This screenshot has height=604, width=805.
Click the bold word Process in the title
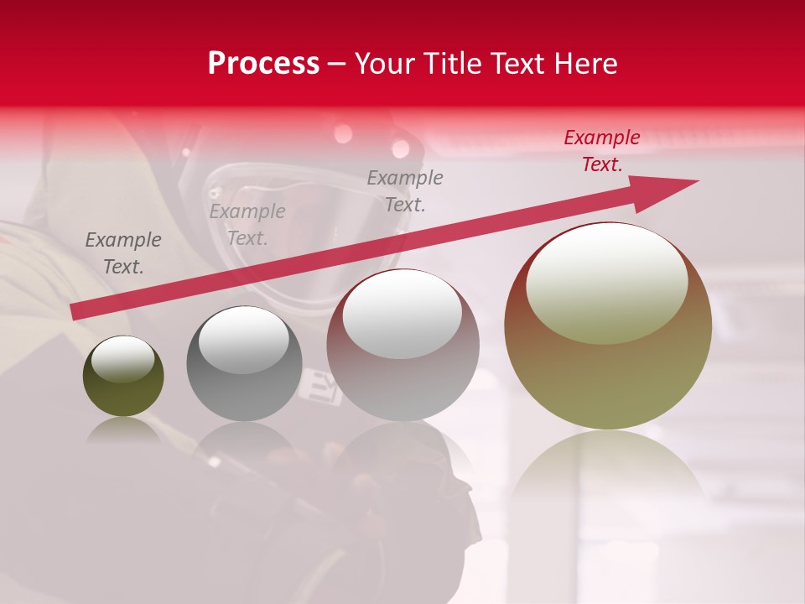263,64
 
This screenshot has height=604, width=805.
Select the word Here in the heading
584,64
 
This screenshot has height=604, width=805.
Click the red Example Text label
601,151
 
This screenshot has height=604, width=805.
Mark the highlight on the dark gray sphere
243,341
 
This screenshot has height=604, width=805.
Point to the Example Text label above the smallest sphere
123,253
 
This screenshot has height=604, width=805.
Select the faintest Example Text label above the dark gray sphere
247,225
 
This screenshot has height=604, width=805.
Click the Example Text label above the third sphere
405,190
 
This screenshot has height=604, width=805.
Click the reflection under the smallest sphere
123,430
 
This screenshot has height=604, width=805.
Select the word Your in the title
384,64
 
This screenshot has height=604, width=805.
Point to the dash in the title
337,64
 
